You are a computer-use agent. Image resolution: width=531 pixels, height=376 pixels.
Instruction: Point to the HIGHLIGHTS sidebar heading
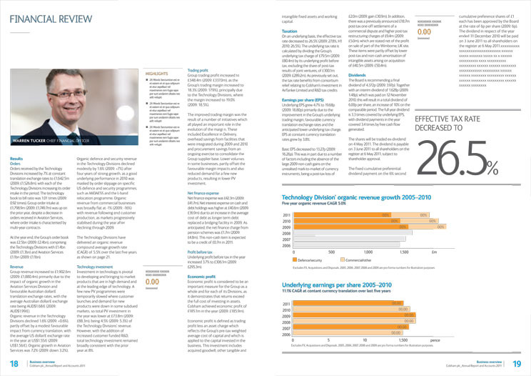(x=156, y=73)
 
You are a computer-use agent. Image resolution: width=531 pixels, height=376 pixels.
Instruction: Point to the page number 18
(x=13, y=364)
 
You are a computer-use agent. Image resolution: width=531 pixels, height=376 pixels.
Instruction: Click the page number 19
(x=517, y=364)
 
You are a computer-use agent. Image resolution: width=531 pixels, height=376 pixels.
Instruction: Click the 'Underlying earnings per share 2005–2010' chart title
(x=339, y=284)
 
